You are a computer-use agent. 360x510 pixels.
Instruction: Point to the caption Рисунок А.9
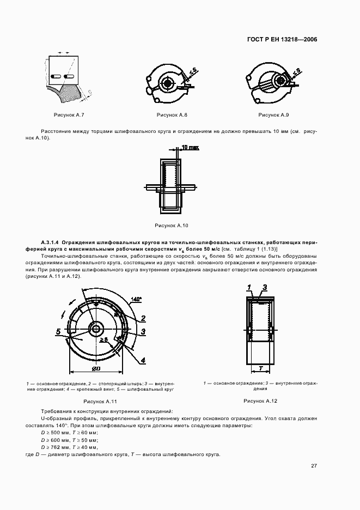tap(273, 115)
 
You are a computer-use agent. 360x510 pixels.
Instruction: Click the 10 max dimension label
tap(190, 147)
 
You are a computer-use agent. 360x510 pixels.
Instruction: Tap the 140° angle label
tap(137, 299)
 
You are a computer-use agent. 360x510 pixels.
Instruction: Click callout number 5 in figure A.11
tap(57, 331)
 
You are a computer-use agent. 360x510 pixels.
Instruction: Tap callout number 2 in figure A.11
tap(143, 318)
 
